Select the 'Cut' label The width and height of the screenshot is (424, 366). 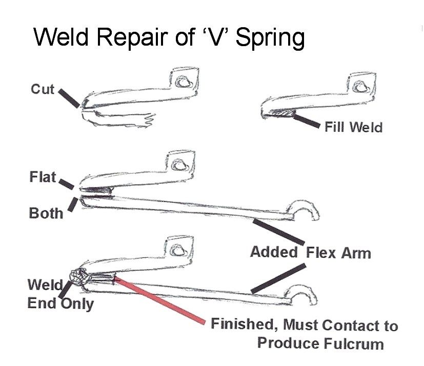[43, 89]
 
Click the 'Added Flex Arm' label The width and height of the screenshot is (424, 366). [310, 252]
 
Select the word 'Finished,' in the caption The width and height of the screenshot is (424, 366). [245, 324]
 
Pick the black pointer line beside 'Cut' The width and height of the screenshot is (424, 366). [69, 98]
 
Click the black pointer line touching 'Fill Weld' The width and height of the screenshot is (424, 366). [306, 121]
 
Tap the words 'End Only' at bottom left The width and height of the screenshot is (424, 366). [60, 303]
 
